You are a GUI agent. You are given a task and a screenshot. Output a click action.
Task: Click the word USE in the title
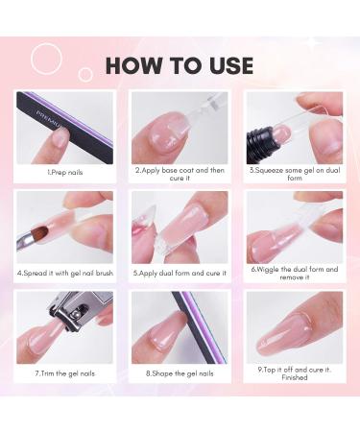[x=228, y=65]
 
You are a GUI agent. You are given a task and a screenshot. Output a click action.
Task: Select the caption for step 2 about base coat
[x=180, y=175]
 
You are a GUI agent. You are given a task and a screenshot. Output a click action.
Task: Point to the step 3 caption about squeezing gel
[x=293, y=175]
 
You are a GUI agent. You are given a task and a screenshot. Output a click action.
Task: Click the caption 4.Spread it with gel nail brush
[x=66, y=272]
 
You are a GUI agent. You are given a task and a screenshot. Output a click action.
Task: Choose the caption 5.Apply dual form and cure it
[x=180, y=272]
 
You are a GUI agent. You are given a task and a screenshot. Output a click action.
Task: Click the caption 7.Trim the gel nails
[x=66, y=372]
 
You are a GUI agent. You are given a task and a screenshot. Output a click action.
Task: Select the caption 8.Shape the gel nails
[x=180, y=372]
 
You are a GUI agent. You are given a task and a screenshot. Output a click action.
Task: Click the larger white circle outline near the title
[x=46, y=59]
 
